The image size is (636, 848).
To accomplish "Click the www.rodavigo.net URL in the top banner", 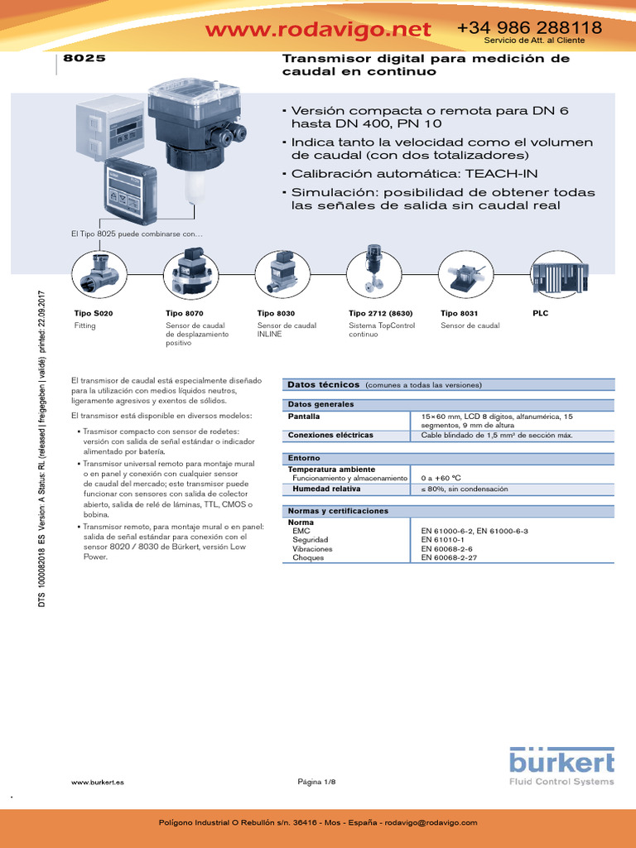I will [318, 30].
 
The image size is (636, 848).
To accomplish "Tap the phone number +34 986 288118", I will [529, 27].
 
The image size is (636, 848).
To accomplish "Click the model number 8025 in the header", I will [84, 60].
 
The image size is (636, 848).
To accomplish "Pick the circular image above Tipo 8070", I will [189, 273].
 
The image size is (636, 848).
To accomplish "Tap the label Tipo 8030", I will [277, 314].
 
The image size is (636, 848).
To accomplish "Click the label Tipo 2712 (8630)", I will [380, 314].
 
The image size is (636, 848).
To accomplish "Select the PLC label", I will [540, 314].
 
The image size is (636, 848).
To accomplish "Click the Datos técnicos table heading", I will [323, 384].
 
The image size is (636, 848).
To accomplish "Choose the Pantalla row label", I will [304, 416].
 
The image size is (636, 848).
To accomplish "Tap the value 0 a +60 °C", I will [441, 478].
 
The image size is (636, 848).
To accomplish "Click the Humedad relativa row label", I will [320, 489].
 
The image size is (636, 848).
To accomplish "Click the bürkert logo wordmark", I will [561, 763].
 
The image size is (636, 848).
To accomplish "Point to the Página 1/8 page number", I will [317, 783].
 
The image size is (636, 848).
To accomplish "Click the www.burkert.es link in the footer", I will [98, 783].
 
